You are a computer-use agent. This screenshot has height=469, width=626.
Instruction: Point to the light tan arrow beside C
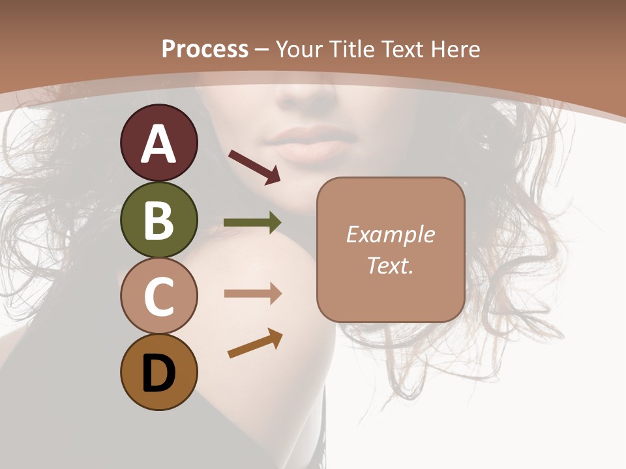252,294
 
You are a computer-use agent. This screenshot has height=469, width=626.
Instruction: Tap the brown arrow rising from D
255,343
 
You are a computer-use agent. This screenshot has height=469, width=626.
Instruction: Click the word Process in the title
205,49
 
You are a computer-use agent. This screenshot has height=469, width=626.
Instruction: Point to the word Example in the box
391,234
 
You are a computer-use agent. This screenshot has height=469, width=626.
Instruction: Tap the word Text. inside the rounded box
391,265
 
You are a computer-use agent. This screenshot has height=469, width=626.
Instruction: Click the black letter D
158,375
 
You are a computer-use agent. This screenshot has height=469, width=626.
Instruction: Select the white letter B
158,221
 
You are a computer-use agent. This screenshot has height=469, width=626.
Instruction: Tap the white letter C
158,297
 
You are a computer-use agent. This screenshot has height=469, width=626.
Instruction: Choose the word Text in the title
402,49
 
